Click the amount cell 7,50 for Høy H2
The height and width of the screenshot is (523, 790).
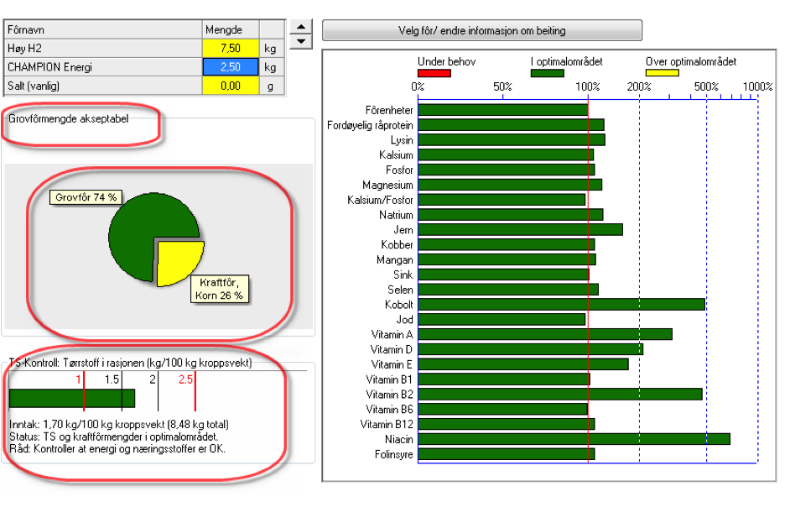pos(231,49)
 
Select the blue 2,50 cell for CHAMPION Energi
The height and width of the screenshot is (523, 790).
pos(231,67)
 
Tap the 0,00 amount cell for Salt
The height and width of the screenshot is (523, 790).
pos(231,86)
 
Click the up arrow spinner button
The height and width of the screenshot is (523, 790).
pos(301,27)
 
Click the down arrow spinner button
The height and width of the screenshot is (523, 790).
pos(301,42)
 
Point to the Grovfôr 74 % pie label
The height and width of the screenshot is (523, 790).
pos(86,197)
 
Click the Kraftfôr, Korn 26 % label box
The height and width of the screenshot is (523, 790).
pos(219,289)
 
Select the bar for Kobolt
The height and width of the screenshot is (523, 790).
pos(561,304)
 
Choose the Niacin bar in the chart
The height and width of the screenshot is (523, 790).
pos(574,439)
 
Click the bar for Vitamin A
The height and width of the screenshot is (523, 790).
pos(545,334)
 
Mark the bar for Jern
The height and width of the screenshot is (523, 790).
pos(521,229)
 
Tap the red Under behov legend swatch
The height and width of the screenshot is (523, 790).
pos(434,73)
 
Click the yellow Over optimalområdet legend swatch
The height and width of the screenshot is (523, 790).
pos(662,73)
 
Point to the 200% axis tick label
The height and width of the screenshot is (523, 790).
pos(639,86)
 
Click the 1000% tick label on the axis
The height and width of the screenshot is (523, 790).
pos(758,86)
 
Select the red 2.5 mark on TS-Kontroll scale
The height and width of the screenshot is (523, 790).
pos(185,379)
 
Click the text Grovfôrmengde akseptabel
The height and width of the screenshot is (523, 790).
pos(69,118)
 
